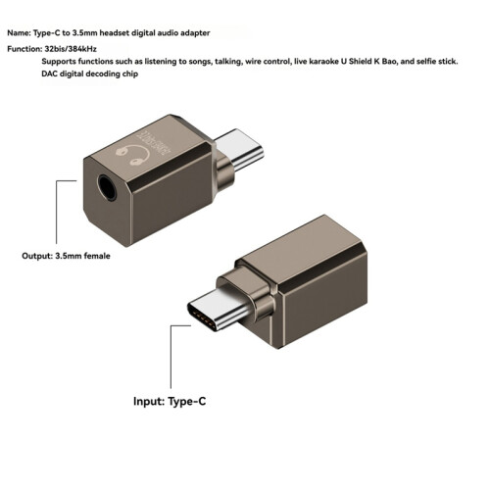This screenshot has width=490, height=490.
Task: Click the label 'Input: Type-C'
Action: click(170, 401)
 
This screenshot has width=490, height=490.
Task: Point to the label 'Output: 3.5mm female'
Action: click(66, 256)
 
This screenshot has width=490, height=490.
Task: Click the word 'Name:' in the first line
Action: click(20, 33)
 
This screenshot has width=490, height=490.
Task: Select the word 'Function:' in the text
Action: click(24, 49)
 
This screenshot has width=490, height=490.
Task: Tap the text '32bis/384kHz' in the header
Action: click(71, 49)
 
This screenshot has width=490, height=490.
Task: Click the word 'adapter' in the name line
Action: click(195, 33)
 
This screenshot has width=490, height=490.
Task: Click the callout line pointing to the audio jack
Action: click(57, 212)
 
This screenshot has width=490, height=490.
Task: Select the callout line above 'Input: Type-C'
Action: click(171, 357)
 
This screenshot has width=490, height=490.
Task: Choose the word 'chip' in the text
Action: click(130, 74)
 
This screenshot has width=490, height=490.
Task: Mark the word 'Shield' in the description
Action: click(360, 62)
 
